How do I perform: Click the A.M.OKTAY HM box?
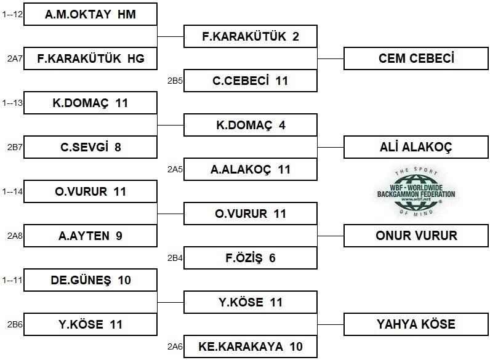point(90,14)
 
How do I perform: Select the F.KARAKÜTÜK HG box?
point(90,58)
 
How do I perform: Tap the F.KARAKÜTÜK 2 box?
point(251,36)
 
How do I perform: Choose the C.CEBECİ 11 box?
point(251,81)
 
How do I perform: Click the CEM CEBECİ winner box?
point(416,58)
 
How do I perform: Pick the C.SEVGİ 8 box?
point(90,147)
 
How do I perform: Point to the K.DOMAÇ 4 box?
point(251,125)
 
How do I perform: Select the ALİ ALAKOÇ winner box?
point(416,147)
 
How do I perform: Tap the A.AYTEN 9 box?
point(90,236)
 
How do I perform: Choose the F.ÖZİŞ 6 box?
point(251,258)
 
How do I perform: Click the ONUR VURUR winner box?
point(416,236)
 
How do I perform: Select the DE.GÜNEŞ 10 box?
point(90,280)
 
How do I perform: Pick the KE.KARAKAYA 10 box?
point(251,346)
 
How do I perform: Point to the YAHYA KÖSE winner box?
point(416,324)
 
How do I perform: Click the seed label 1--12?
point(12,14)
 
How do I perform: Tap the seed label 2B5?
point(175,81)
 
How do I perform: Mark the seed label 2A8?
point(15,236)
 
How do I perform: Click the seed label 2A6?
point(175,346)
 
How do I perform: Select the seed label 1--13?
point(12,103)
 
